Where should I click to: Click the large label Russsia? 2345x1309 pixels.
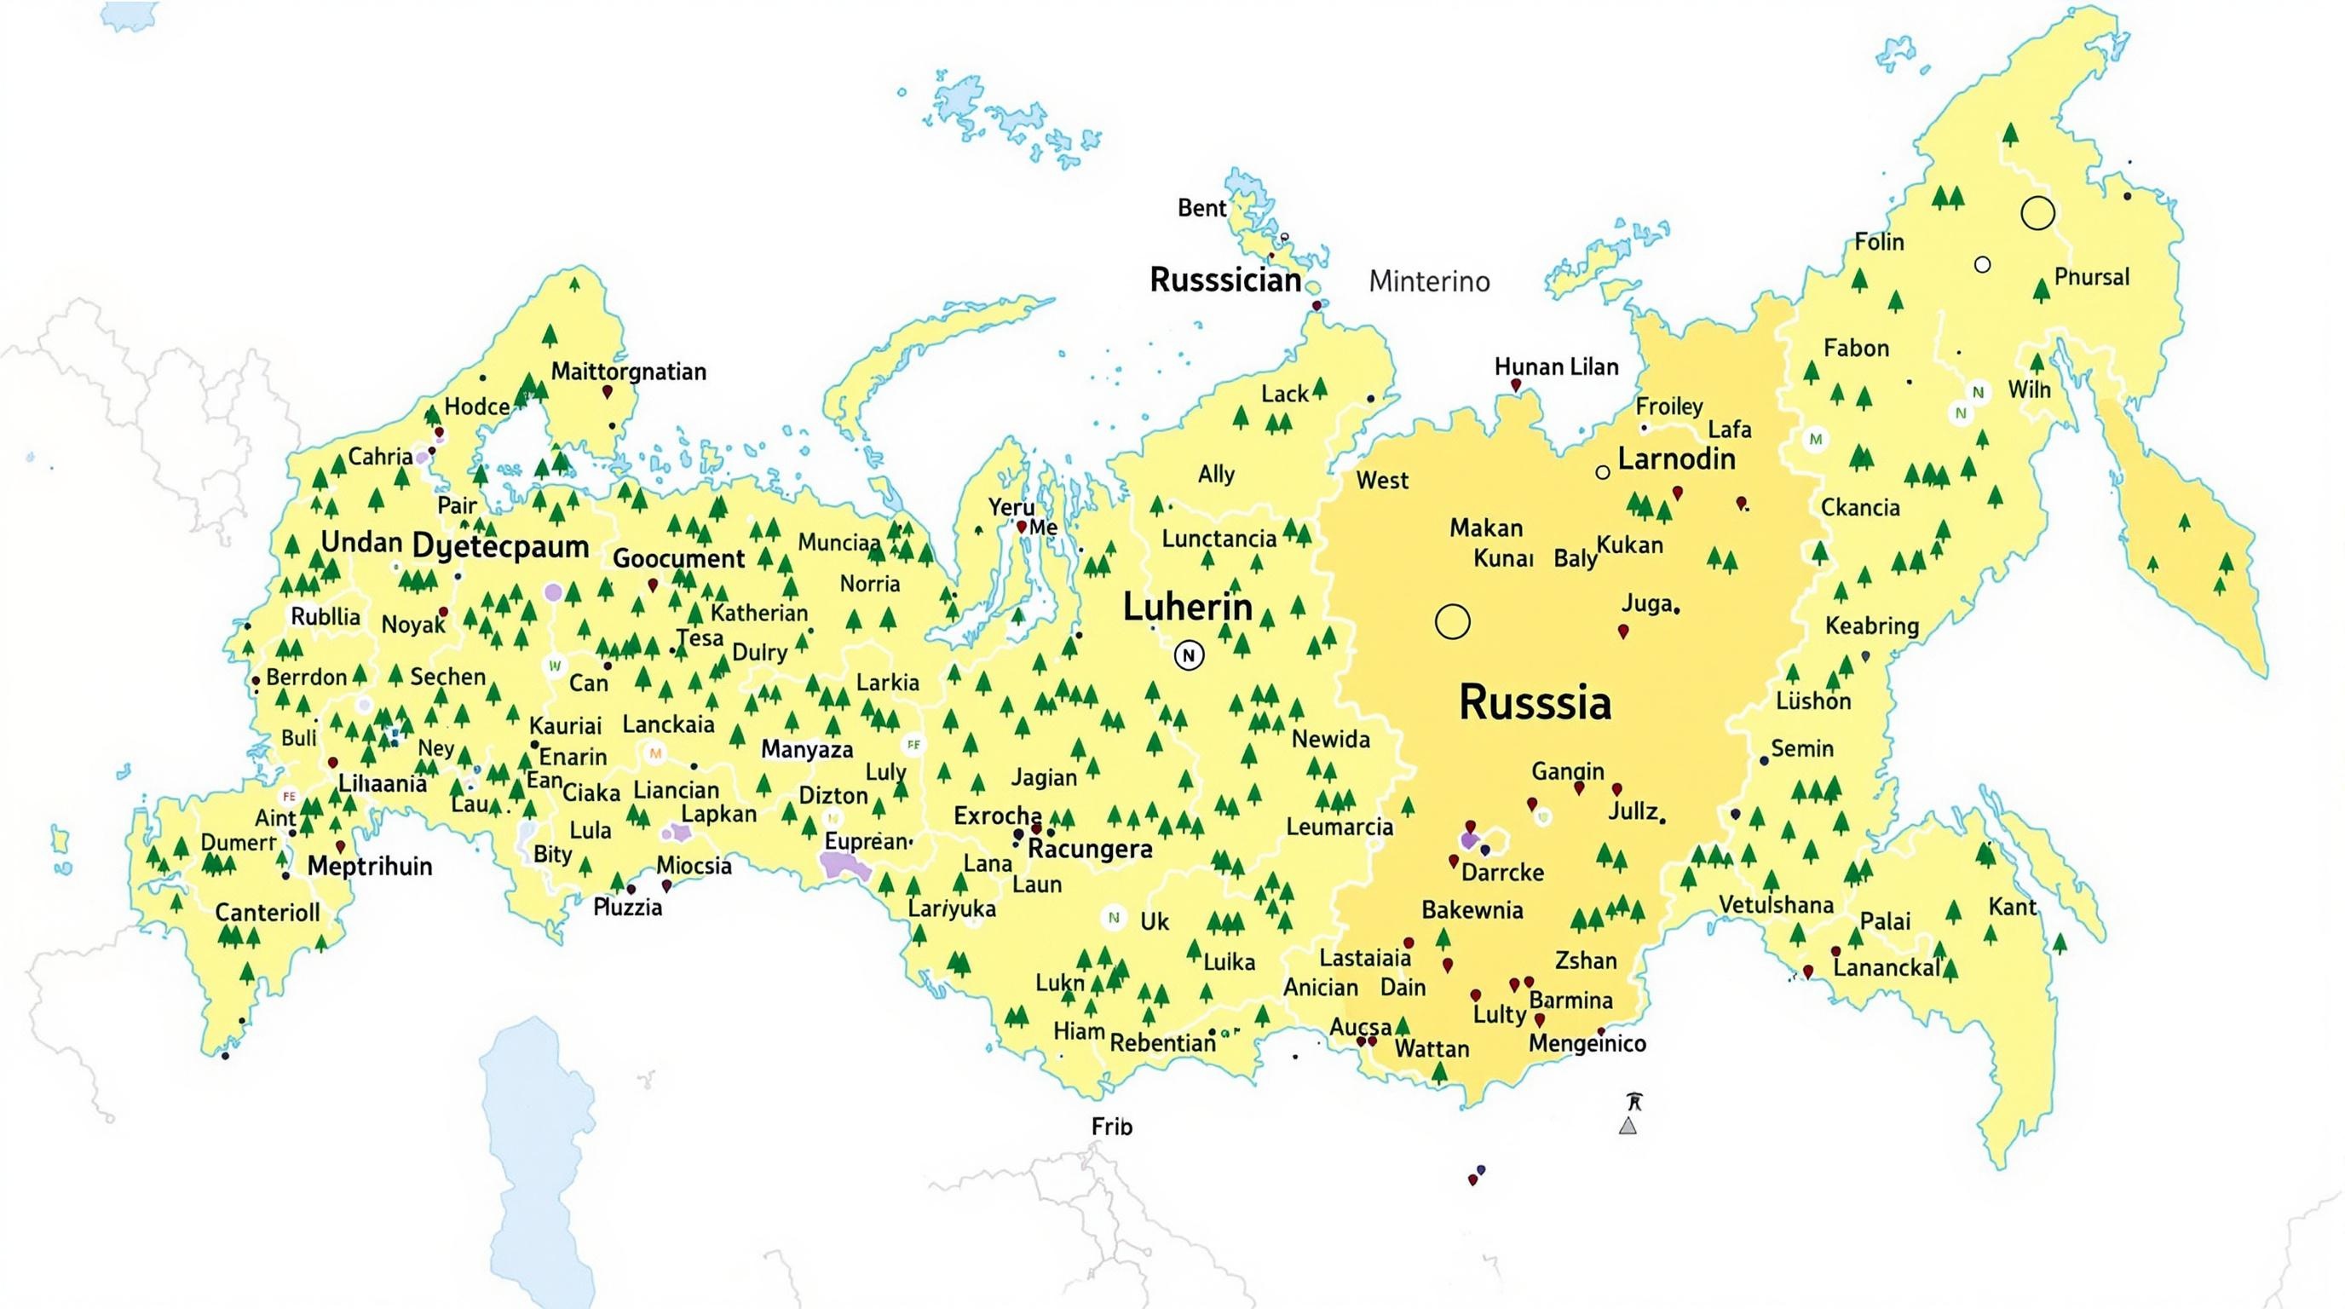tap(1535, 703)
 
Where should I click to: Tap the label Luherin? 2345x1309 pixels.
tap(1187, 607)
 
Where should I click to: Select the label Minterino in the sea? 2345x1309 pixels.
tap(1429, 281)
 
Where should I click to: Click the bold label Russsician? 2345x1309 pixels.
tap(1225, 280)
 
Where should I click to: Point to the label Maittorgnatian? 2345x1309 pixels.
tap(628, 372)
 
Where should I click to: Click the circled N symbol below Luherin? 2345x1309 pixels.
tap(1188, 654)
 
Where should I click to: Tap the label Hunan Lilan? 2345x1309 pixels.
tap(1556, 366)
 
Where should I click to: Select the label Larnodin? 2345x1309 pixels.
tap(1676, 458)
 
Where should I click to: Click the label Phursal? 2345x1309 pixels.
tap(2091, 277)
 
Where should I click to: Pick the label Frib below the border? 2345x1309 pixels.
tap(1111, 1127)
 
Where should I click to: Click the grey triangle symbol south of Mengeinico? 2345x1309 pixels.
tap(1628, 1126)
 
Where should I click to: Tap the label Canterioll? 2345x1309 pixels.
tap(267, 912)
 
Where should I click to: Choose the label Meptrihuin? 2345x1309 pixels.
tap(370, 866)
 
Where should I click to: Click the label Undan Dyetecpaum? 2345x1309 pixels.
tap(454, 545)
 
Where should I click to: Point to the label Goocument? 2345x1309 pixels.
tap(678, 558)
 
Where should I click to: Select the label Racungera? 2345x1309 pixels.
tap(1090, 849)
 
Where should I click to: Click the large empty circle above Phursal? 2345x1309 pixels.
tap(2037, 213)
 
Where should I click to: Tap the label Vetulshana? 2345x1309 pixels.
tap(1775, 905)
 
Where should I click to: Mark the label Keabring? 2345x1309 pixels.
tap(1871, 626)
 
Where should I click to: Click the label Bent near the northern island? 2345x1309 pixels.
tap(1201, 209)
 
